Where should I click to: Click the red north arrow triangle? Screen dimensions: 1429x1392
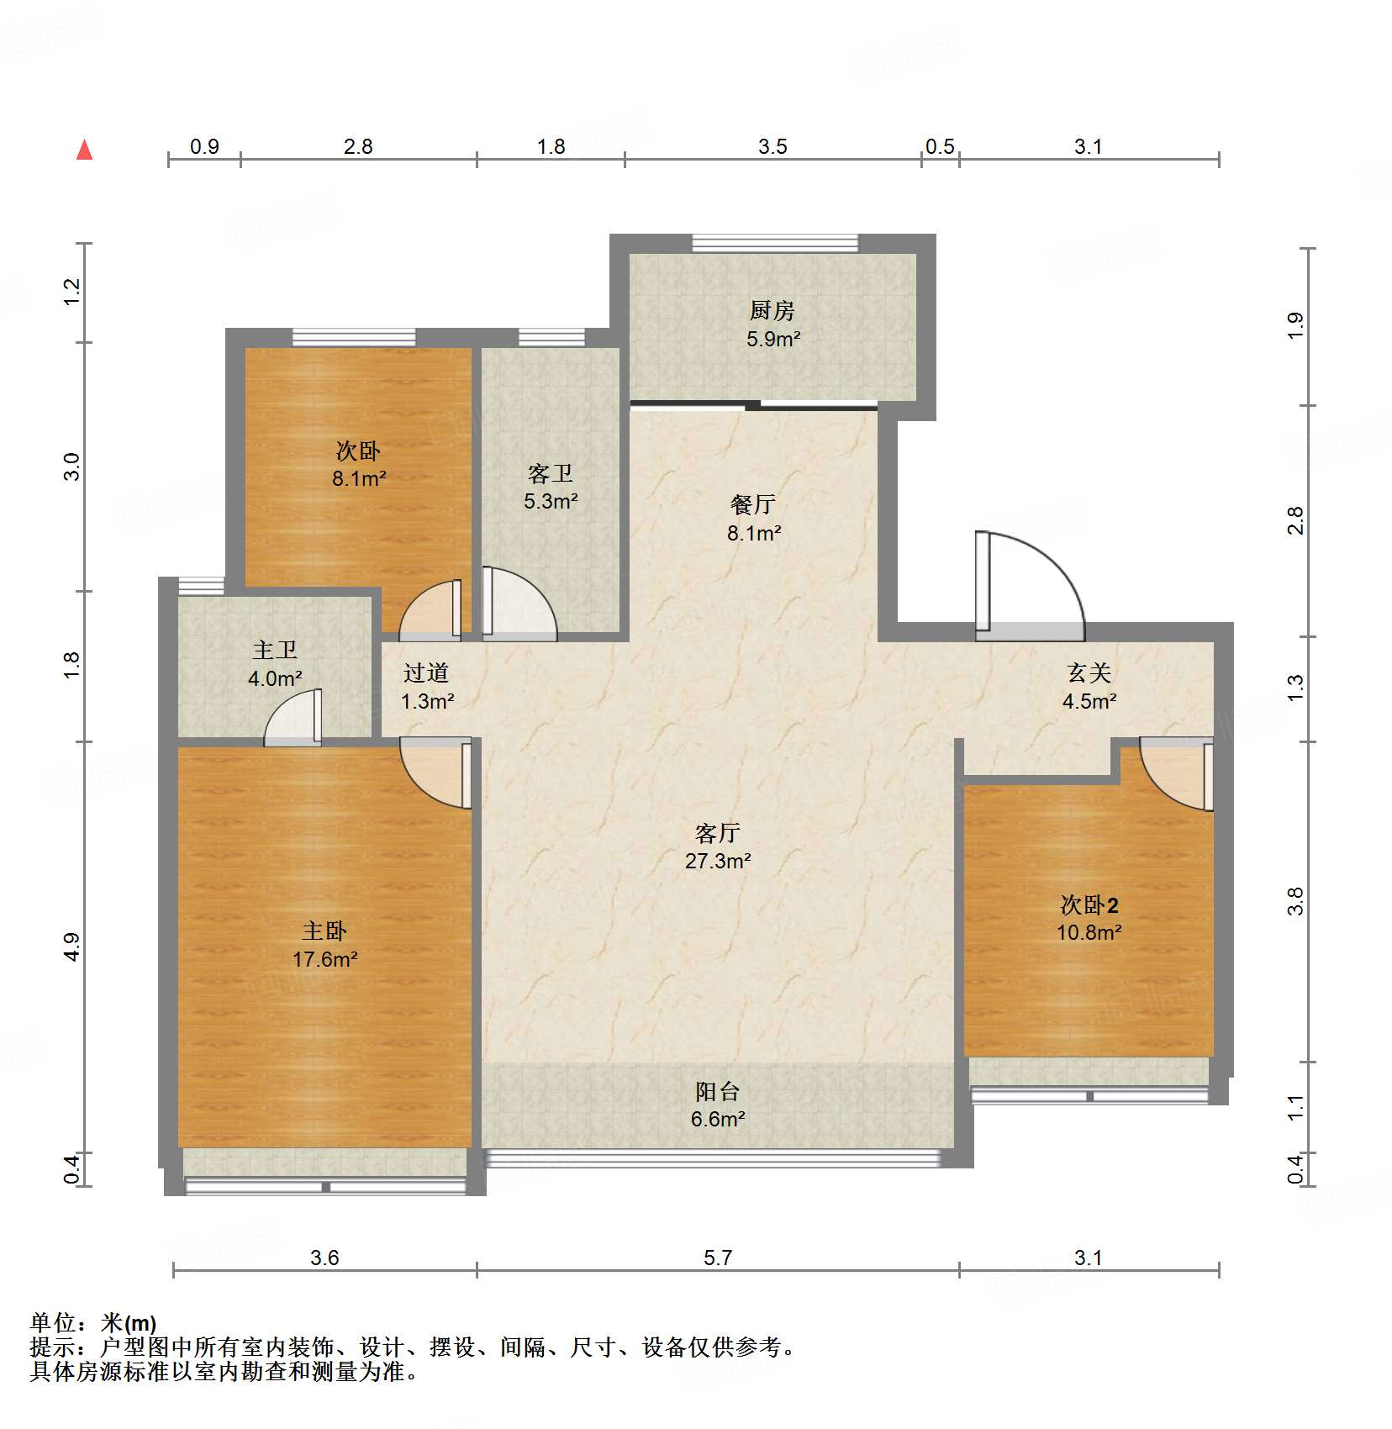pos(84,150)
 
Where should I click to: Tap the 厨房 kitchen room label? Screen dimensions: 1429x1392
pos(772,311)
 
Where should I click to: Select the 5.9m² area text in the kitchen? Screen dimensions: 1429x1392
pos(772,340)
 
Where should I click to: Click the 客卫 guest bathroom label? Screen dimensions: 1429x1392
pos(551,474)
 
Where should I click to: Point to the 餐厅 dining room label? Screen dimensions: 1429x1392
pos(752,504)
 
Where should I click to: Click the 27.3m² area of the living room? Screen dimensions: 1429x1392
pos(717,861)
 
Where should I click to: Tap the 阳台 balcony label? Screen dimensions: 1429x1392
pos(717,1092)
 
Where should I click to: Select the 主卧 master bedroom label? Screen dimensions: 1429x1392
pos(324,931)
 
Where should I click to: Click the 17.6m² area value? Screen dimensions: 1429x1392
pos(324,959)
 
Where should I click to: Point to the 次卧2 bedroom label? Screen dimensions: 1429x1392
pos(1089,905)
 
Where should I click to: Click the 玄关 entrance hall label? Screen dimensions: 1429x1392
pos(1089,672)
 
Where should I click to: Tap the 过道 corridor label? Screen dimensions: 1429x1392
pos(426,672)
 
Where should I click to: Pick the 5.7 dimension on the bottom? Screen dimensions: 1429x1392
pos(717,1258)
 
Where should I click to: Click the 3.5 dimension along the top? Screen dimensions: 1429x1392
pos(772,147)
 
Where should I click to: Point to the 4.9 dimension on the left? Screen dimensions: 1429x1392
pos(72,947)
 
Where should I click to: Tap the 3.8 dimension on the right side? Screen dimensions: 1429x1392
pos(1295,901)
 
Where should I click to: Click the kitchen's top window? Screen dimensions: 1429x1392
pos(774,244)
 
